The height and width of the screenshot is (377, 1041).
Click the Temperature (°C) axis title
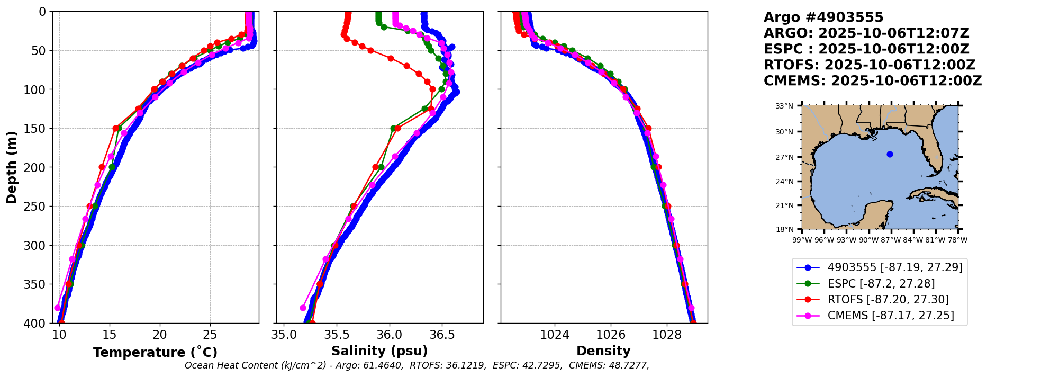click(x=155, y=353)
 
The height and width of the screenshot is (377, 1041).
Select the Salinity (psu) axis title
click(x=379, y=351)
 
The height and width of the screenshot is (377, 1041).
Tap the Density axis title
click(x=603, y=351)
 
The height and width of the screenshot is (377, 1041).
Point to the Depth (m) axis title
click(x=12, y=167)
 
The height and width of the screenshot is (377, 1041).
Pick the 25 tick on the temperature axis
click(x=210, y=335)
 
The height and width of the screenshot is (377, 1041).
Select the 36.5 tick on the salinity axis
click(x=442, y=335)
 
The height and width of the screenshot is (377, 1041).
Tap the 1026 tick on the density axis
click(x=611, y=335)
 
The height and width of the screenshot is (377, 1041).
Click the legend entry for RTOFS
click(x=888, y=300)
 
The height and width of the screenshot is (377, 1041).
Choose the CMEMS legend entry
click(x=891, y=316)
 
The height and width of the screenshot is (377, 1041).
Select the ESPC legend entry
click(x=881, y=284)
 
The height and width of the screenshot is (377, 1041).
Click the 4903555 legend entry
click(x=895, y=267)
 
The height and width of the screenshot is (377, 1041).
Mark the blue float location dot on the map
click(x=890, y=155)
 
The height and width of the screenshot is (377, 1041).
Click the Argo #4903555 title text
click(x=823, y=17)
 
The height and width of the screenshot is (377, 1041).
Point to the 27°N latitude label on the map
click(x=785, y=157)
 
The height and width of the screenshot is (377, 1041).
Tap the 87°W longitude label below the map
click(x=891, y=240)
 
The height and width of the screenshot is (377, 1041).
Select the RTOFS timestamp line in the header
click(x=869, y=65)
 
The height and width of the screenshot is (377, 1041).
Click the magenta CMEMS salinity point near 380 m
click(x=303, y=308)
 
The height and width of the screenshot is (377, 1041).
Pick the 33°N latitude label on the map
click(x=785, y=106)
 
